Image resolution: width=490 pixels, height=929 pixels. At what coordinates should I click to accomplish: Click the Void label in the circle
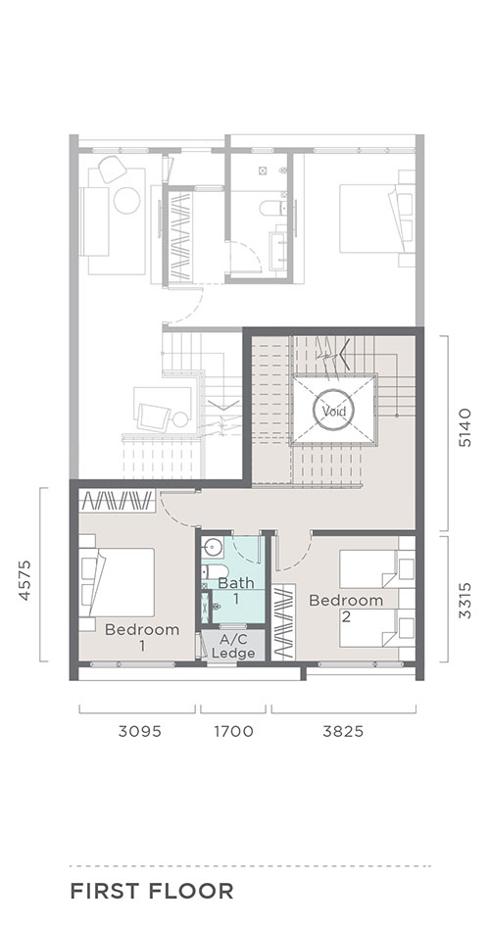pyautogui.click(x=334, y=410)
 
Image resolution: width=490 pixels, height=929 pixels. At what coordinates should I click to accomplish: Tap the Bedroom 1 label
pyautogui.click(x=142, y=637)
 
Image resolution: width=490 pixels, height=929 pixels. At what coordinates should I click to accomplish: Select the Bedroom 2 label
pyautogui.click(x=346, y=608)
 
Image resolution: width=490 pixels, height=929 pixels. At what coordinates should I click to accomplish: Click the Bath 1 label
pyautogui.click(x=236, y=590)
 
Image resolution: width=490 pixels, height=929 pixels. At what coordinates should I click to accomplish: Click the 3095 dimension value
pyautogui.click(x=140, y=731)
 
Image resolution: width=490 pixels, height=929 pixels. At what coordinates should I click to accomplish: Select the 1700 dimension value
pyautogui.click(x=233, y=731)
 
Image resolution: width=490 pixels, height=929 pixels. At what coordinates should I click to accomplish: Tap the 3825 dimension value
pyautogui.click(x=343, y=731)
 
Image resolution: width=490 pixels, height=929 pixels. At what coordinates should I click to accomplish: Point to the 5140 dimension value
pyautogui.click(x=465, y=426)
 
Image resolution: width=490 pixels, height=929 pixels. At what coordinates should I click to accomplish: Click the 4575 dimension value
pyautogui.click(x=24, y=580)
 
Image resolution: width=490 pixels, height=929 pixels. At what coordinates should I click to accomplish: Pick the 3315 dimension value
pyautogui.click(x=465, y=600)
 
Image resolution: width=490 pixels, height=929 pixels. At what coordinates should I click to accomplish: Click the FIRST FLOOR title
pyautogui.click(x=152, y=891)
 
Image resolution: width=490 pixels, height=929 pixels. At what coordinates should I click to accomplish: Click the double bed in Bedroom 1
pyautogui.click(x=118, y=582)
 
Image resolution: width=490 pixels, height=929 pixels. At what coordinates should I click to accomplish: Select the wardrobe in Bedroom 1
pyautogui.click(x=118, y=501)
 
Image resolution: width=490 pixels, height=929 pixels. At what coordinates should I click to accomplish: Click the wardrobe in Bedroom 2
pyautogui.click(x=284, y=621)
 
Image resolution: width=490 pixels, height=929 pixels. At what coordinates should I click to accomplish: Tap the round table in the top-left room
pyautogui.click(x=126, y=200)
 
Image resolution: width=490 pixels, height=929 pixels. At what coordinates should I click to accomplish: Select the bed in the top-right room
pyautogui.click(x=377, y=218)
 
